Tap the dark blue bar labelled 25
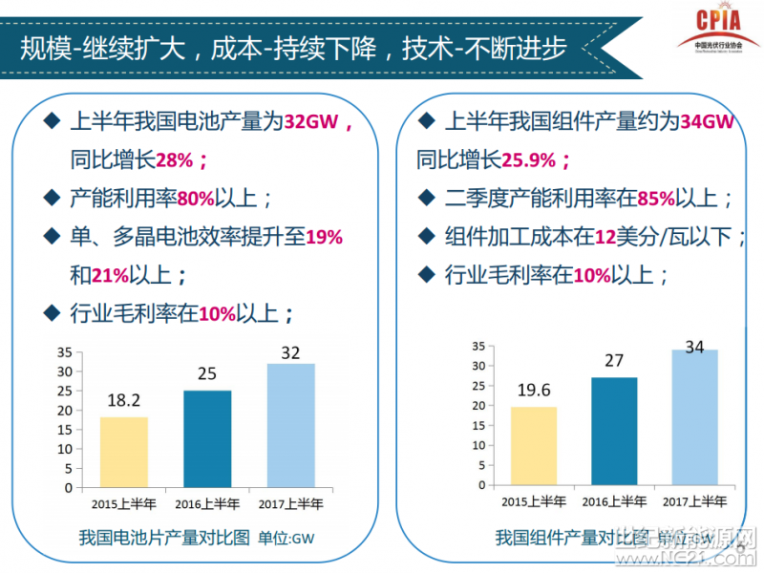(x=207, y=438)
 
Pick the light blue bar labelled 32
(x=290, y=425)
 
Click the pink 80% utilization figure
(x=196, y=199)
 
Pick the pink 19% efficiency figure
(x=324, y=237)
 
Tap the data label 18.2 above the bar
(x=123, y=401)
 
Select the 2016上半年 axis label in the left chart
(x=207, y=503)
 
